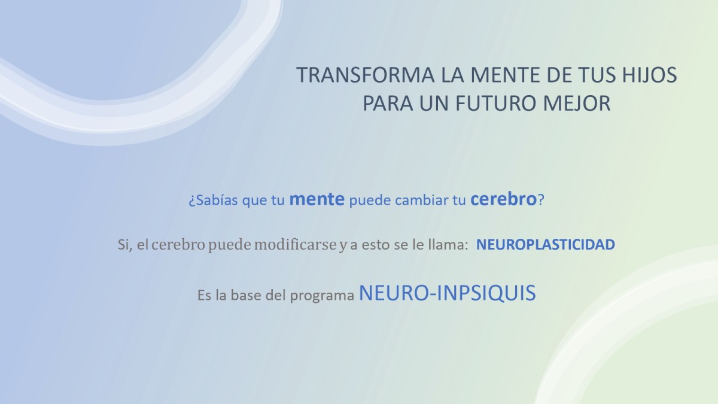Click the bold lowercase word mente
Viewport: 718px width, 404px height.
click(x=317, y=199)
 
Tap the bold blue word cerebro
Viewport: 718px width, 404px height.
click(x=503, y=199)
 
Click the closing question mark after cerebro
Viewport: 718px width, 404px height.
click(x=541, y=200)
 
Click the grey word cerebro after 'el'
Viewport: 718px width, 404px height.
click(x=178, y=245)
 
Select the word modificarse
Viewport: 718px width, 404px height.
click(x=295, y=245)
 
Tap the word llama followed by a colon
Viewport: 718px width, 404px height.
click(x=446, y=244)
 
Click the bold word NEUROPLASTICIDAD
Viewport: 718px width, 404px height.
click(x=546, y=245)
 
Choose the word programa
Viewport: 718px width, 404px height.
click(x=322, y=296)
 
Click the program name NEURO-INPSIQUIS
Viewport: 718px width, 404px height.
click(x=447, y=293)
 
